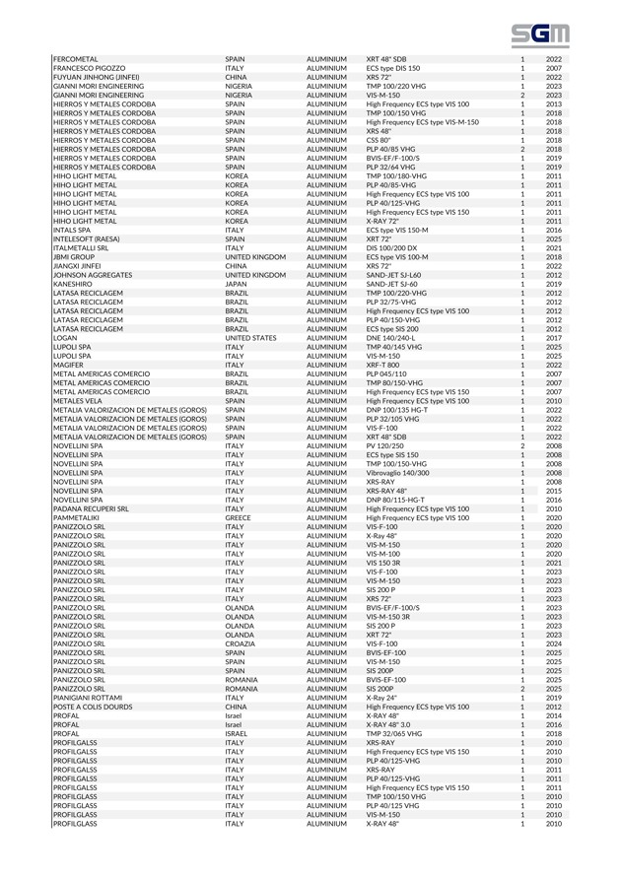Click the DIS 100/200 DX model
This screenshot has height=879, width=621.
[396, 247]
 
